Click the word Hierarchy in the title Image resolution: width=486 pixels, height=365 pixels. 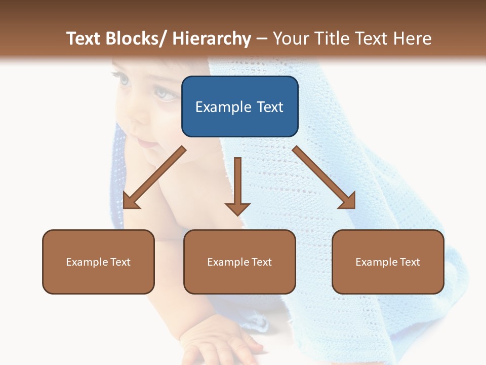pos(212,39)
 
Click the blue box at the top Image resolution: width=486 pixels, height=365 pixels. pos(239,106)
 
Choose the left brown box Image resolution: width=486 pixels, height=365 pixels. pos(98,262)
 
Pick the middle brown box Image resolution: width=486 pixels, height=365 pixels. pos(239,262)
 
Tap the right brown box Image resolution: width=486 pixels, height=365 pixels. pos(388,262)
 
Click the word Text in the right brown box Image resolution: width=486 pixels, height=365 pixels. pos(410,262)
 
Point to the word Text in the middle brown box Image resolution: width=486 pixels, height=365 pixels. pos(261,262)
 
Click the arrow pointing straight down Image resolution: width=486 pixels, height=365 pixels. pos(237,188)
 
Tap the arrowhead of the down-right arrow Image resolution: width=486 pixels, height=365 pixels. pos(347,200)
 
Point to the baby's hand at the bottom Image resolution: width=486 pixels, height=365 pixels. pos(228,345)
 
